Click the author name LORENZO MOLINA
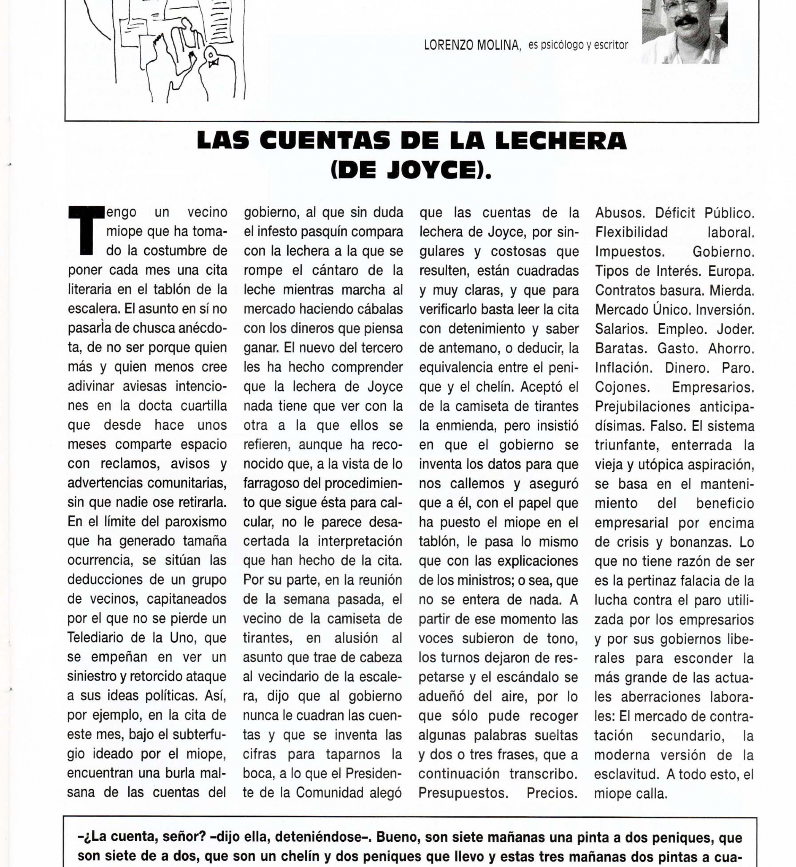[x=472, y=45]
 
